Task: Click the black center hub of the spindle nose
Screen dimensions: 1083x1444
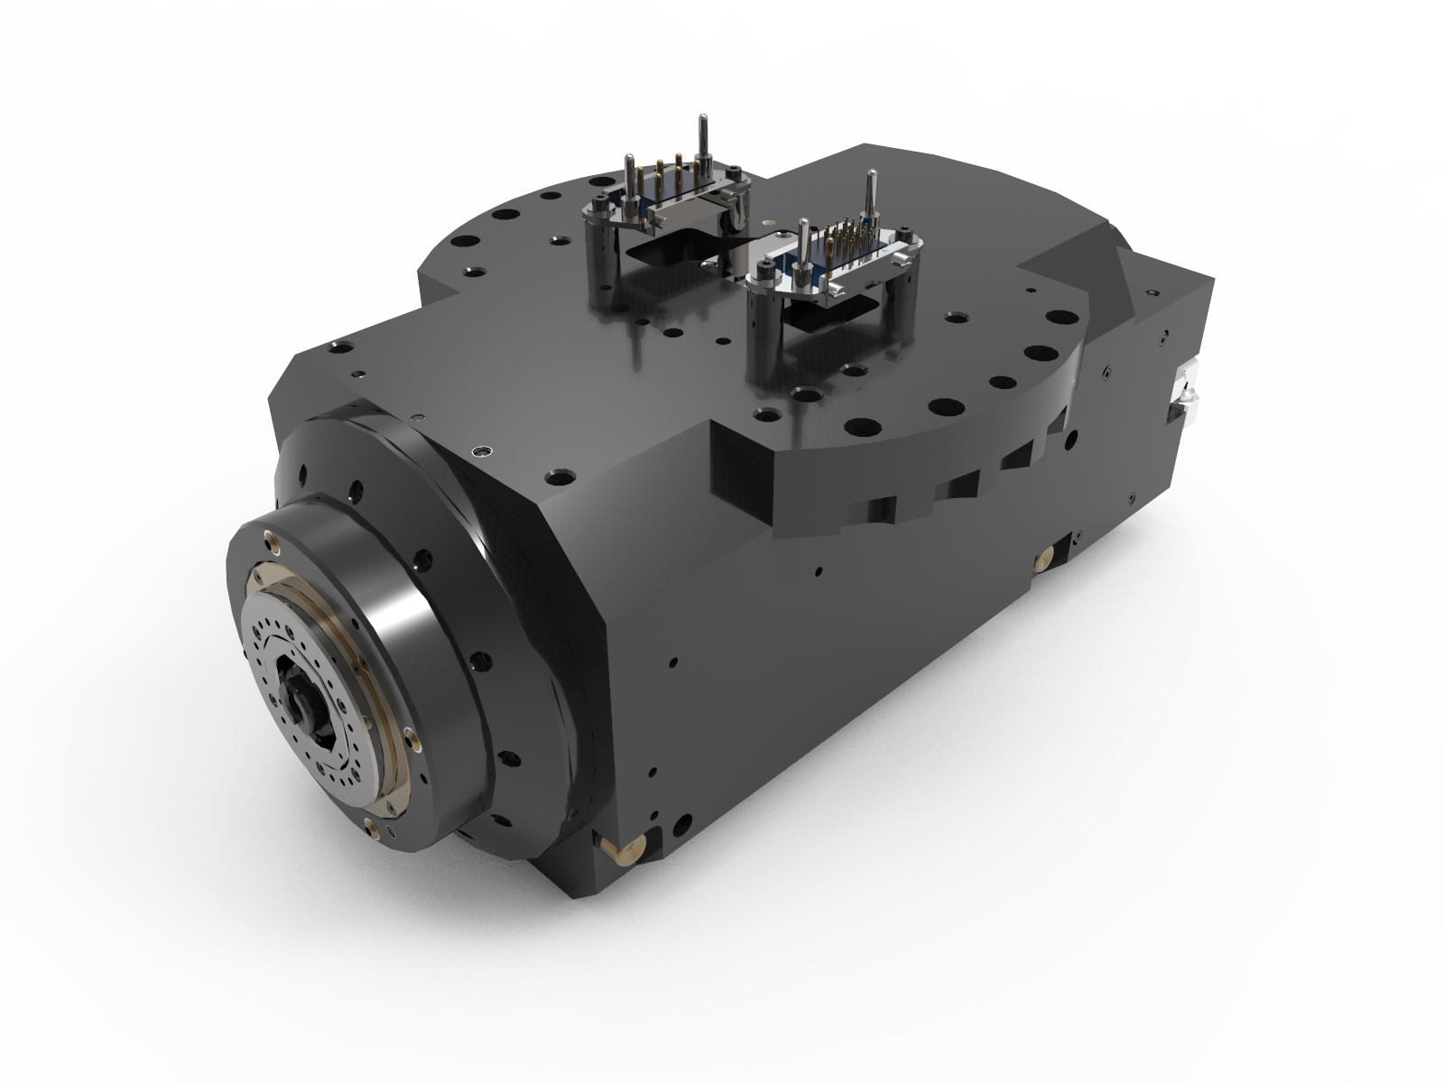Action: (x=304, y=703)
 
